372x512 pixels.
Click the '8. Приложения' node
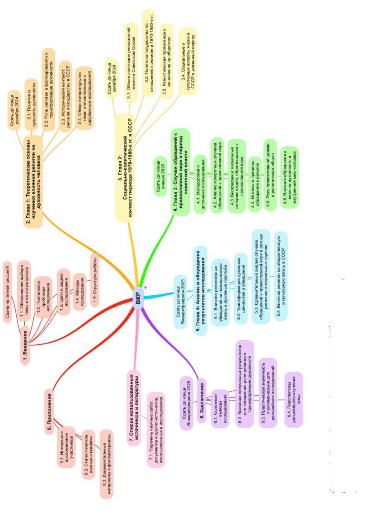click(x=49, y=411)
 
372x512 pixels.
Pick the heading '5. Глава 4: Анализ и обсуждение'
click(x=201, y=290)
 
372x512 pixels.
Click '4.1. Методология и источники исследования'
click(x=202, y=184)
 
